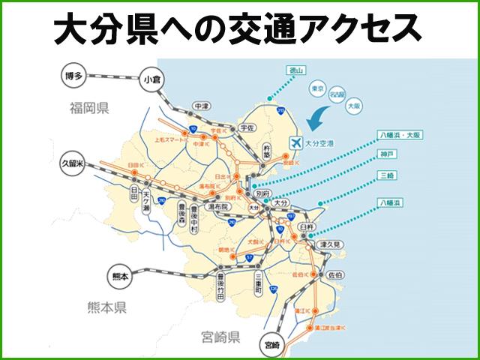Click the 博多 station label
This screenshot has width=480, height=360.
click(x=73, y=74)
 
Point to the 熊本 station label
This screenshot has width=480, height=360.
click(x=118, y=276)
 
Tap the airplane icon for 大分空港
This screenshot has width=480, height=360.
click(x=295, y=141)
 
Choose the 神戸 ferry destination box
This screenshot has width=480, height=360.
click(x=388, y=155)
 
